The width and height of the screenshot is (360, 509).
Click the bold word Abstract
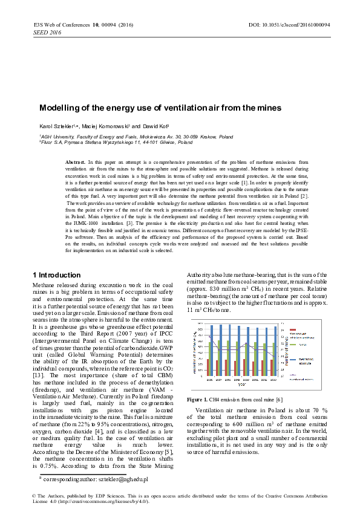75,163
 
